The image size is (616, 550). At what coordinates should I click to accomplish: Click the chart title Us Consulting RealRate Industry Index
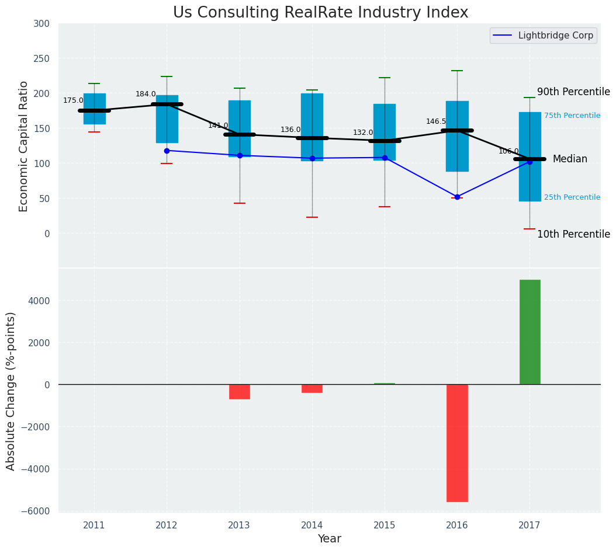320,13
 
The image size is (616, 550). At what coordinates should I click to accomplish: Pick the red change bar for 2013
240,391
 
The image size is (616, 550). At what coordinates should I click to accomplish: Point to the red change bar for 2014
312,388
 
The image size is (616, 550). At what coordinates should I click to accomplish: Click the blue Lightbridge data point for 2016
457,197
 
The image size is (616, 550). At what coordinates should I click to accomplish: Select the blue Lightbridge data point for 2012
167,151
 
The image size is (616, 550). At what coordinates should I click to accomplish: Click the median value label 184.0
146,94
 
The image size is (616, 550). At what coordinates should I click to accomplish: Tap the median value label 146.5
436,121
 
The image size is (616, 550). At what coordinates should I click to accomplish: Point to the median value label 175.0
73,100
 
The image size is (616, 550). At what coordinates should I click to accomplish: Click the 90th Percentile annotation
573,92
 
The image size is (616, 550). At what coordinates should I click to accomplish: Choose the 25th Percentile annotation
572,197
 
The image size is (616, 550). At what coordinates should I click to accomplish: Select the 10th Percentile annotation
573,234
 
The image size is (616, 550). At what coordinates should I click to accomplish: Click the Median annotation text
570,159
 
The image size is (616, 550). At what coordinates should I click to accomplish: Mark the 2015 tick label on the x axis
385,525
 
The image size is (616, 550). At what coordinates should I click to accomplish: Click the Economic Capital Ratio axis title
24,146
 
